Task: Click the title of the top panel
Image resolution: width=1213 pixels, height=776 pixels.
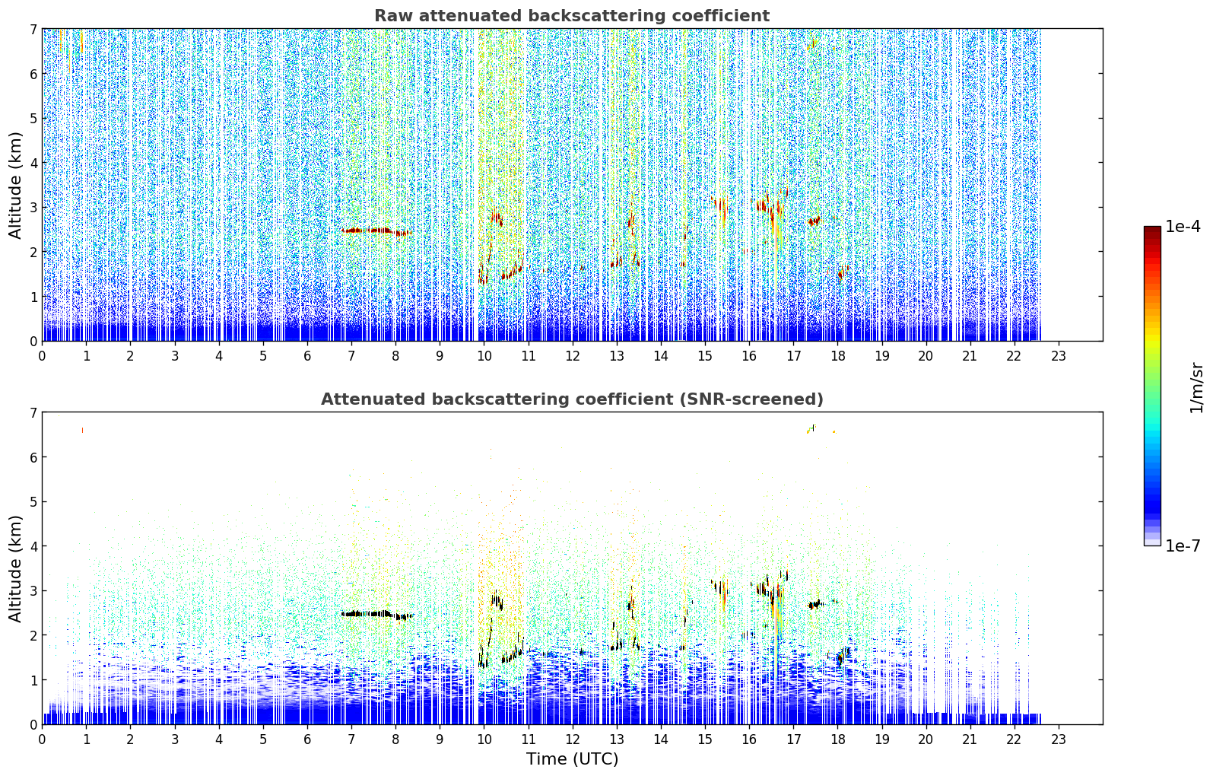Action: click(x=572, y=16)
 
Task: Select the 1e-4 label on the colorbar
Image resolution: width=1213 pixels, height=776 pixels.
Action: click(x=1183, y=227)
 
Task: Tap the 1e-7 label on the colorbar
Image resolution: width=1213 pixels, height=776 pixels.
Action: click(x=1183, y=545)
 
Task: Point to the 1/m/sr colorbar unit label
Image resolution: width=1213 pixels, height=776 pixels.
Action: click(x=1196, y=389)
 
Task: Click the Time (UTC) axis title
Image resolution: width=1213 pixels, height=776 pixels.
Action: click(x=572, y=759)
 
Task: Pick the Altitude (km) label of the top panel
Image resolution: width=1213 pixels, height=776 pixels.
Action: click(x=15, y=186)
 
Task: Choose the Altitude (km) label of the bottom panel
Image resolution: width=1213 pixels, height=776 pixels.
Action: click(x=15, y=568)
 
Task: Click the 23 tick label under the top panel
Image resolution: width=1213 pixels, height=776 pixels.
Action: click(x=1058, y=356)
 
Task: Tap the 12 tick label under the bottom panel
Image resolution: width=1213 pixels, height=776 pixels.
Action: click(x=573, y=739)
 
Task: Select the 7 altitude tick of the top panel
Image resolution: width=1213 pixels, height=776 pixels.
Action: click(x=33, y=29)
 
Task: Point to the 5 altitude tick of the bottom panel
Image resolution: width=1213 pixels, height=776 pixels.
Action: click(x=33, y=502)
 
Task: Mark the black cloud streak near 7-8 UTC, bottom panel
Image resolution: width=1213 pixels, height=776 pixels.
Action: click(x=376, y=614)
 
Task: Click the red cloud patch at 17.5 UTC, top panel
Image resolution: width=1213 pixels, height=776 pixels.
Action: click(x=814, y=221)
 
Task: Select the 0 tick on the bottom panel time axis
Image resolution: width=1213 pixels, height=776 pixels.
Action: click(x=43, y=739)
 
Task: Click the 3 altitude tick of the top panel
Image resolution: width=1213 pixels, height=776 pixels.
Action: click(x=33, y=208)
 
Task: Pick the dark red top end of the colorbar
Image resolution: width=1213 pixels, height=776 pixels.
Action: click(x=1152, y=230)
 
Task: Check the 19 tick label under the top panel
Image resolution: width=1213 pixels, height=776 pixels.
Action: click(x=881, y=356)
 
